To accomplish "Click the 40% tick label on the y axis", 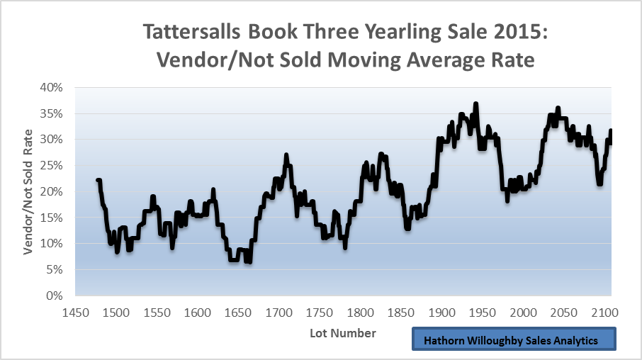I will click(x=52, y=88).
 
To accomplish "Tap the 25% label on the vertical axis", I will click(x=52, y=166).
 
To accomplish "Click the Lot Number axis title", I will click(x=343, y=332).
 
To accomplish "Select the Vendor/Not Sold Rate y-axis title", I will click(x=28, y=192).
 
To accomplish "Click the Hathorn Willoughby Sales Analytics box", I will click(x=513, y=340).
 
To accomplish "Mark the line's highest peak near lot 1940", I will click(x=476, y=103).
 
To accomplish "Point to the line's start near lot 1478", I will click(x=98, y=180).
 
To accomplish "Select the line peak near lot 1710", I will click(x=286, y=154).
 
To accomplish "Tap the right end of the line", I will click(x=610, y=130).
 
